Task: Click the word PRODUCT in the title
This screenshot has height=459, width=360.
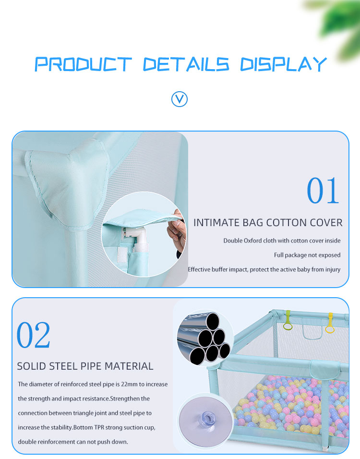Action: tap(83, 64)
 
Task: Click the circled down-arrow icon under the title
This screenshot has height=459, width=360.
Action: tap(180, 99)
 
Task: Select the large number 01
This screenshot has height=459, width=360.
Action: tap(323, 191)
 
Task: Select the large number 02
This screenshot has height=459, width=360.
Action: tap(34, 335)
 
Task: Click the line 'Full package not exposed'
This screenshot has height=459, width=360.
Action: tap(307, 255)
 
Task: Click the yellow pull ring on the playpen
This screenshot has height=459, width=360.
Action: tap(330, 323)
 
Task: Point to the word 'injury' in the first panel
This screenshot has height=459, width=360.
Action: tap(331, 269)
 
